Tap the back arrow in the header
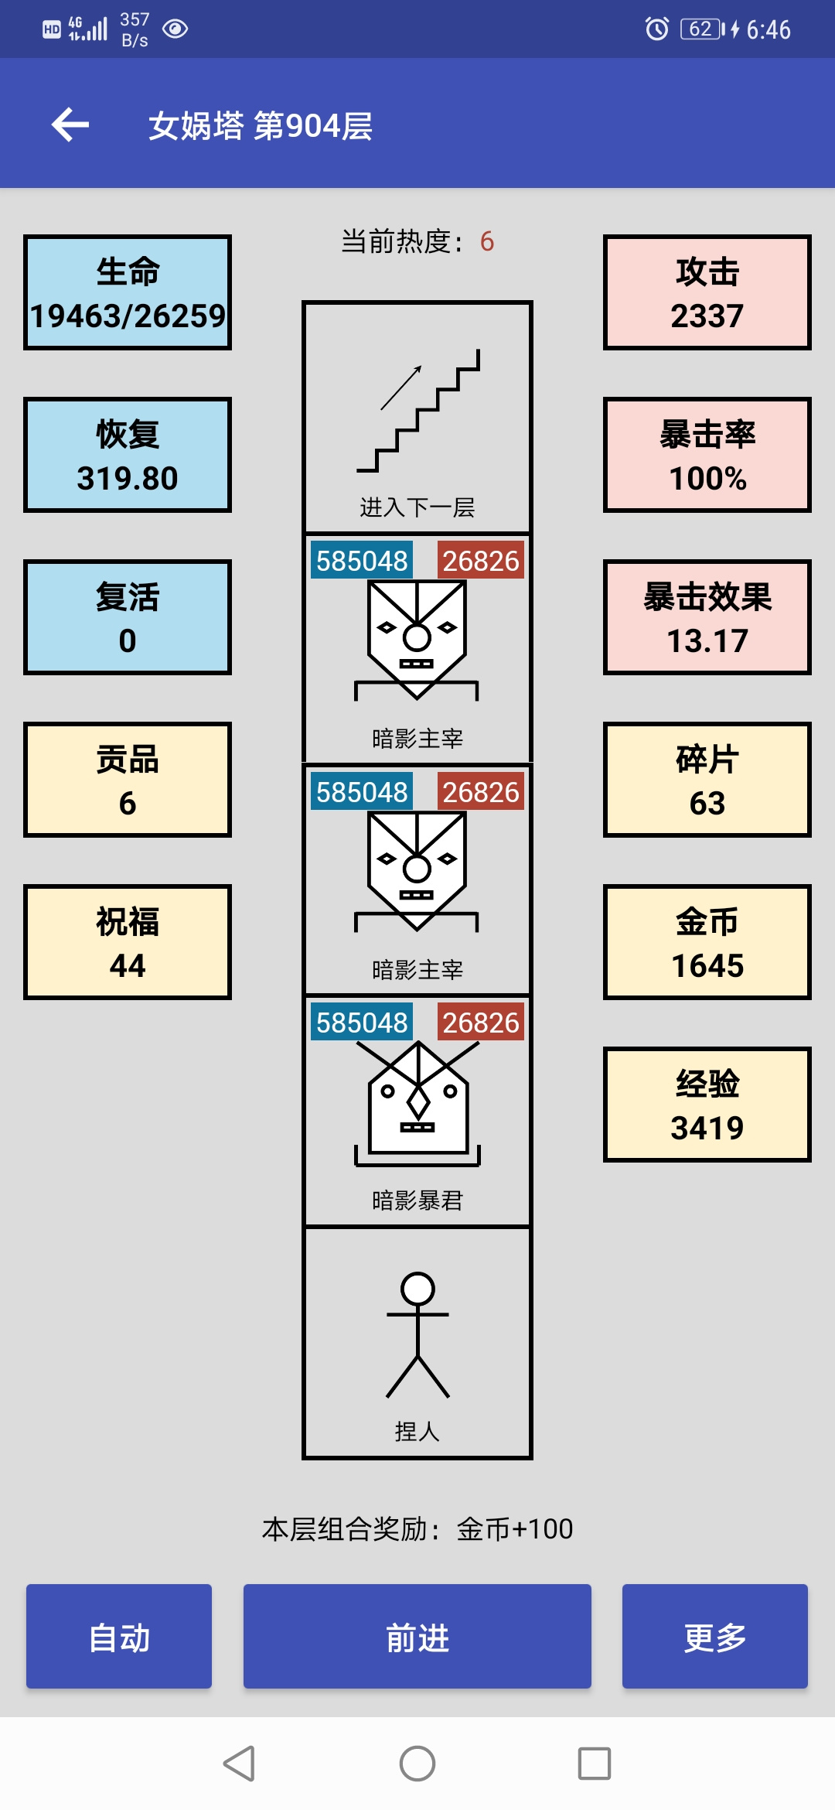(70, 125)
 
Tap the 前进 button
(417, 1636)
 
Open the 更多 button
(715, 1636)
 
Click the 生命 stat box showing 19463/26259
(128, 292)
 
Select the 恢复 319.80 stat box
(128, 455)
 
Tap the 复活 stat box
(128, 617)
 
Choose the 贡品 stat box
(128, 780)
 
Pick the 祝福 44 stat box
(128, 942)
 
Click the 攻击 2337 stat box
(707, 292)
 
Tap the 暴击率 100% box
(707, 455)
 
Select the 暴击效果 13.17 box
(707, 617)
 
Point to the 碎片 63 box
(707, 780)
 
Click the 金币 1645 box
(707, 942)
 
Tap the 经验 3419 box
(707, 1105)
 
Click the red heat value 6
(487, 241)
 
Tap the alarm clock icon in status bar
(657, 29)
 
